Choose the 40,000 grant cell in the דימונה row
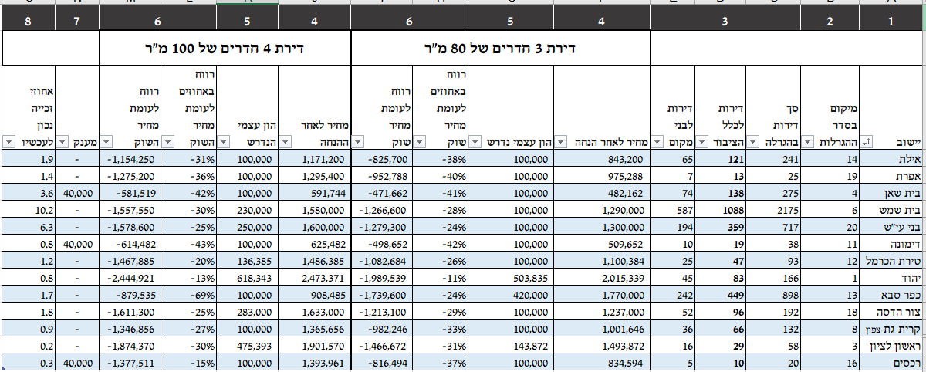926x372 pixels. click(x=76, y=244)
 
